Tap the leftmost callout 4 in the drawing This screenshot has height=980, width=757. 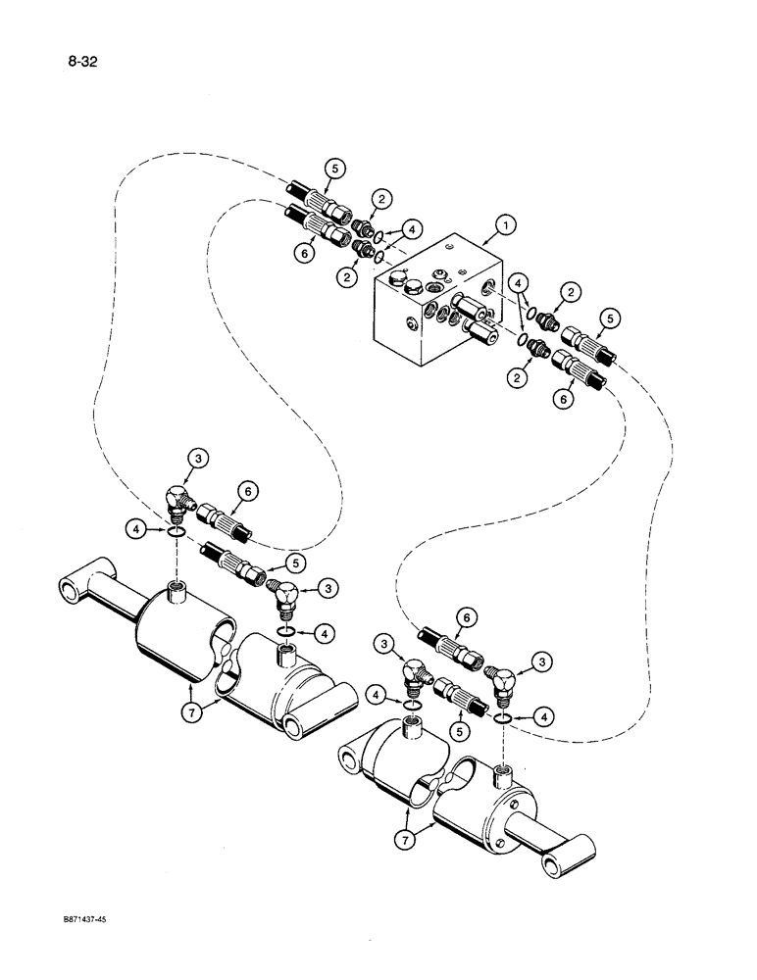click(x=137, y=530)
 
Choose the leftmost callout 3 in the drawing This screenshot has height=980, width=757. click(x=198, y=457)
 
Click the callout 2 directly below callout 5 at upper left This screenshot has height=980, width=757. click(x=381, y=198)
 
